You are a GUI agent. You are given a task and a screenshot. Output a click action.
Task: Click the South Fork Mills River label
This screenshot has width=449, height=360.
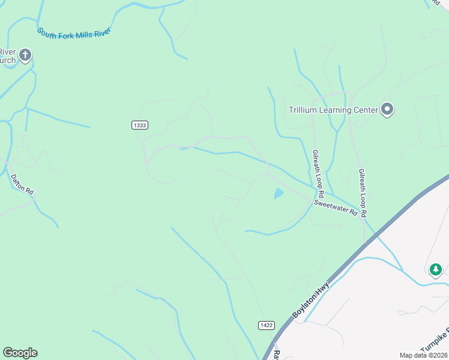(74, 32)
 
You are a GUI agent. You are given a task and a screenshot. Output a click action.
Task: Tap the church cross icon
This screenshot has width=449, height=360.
(25, 56)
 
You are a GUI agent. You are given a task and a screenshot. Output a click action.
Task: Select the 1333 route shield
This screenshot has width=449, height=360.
(139, 125)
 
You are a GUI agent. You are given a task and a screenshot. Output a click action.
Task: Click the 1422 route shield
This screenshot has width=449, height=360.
(267, 325)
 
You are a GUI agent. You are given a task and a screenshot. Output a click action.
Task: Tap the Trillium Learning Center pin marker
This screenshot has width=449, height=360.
(388, 110)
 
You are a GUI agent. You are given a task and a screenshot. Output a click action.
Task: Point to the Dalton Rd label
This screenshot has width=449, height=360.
(22, 184)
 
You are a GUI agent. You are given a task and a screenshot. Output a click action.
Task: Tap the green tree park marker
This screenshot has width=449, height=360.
(436, 269)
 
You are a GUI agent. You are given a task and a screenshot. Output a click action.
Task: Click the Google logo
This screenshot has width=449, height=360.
(20, 353)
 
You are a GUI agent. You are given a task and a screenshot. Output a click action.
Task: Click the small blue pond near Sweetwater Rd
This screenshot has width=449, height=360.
(279, 194)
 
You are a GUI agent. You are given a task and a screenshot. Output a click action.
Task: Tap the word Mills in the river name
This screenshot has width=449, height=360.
(86, 32)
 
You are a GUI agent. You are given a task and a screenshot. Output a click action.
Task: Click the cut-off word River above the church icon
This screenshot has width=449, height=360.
(7, 51)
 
